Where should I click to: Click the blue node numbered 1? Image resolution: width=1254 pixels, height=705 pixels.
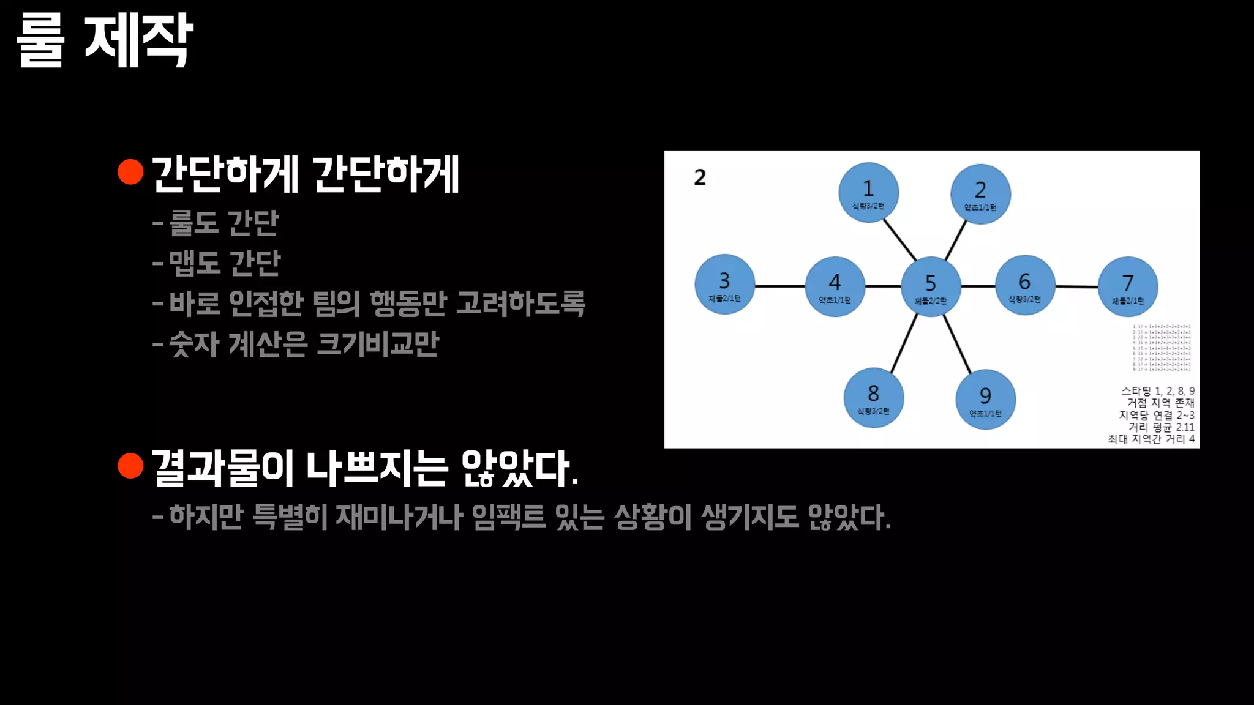coord(868,193)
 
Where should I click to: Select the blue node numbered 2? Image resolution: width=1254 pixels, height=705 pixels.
coord(980,195)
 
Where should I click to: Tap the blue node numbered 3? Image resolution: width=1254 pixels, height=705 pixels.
coord(724,285)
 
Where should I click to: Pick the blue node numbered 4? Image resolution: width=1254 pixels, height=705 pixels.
coord(835,286)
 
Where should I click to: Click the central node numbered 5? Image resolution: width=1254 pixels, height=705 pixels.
coord(931,286)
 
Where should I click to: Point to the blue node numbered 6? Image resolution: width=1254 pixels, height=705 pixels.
coord(1025,285)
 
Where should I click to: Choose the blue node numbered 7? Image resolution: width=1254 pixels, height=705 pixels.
coord(1128,286)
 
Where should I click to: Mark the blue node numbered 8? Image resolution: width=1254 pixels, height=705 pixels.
coord(873,397)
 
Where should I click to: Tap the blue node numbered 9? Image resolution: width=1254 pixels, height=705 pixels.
coord(985,400)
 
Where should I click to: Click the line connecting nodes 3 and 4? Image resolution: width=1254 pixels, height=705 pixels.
coord(779,286)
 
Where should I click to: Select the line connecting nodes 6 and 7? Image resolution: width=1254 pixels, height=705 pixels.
coord(1076,286)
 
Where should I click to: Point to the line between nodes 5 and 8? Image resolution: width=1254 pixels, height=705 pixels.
coord(904,343)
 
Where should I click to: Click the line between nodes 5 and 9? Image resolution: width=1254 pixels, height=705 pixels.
coord(957,343)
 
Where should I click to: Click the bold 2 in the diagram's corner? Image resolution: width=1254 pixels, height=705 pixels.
coord(700,177)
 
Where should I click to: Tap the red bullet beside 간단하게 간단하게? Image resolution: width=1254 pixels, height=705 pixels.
coord(130,172)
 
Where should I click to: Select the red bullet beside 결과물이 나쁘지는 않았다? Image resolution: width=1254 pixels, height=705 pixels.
coord(130,466)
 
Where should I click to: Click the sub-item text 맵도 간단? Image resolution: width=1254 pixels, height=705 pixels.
coord(224,263)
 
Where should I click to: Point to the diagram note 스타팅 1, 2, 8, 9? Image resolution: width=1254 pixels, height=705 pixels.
coord(1157,391)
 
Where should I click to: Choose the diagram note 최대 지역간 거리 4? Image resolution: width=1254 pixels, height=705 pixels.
coord(1151,439)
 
